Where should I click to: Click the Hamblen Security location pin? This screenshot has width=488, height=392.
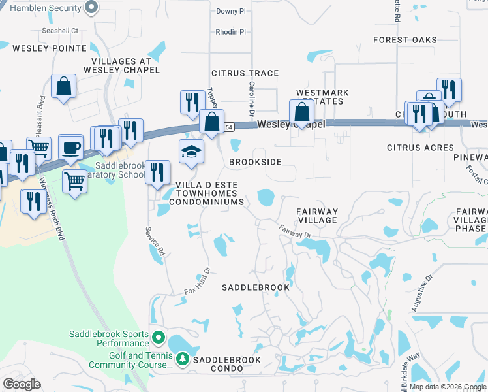pos(91,8)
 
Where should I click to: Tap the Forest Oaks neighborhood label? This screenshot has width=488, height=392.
pos(404,40)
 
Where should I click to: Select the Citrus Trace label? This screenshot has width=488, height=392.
pos(245,73)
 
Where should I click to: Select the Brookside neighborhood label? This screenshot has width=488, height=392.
pos(255,161)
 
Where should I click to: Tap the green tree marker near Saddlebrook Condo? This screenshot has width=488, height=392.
pos(183,359)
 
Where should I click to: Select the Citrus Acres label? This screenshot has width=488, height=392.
pos(420,148)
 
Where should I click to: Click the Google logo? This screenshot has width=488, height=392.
pos(22,384)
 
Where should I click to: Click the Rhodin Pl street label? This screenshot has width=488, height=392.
pos(230,31)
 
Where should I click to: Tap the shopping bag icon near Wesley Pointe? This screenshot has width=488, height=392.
pos(64,86)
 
